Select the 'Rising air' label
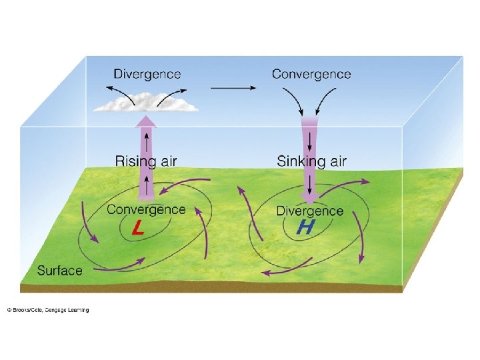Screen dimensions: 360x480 point(146,161)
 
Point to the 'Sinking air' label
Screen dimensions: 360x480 point(311,161)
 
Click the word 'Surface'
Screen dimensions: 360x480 point(59,271)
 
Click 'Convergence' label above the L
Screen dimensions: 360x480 point(146,209)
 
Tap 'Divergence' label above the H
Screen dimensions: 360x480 point(309,211)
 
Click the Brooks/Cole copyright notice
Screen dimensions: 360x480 point(48,310)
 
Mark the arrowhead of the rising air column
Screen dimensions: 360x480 point(146,121)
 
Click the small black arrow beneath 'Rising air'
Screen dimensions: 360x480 point(146,182)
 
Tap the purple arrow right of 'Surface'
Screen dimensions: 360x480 point(121,267)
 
